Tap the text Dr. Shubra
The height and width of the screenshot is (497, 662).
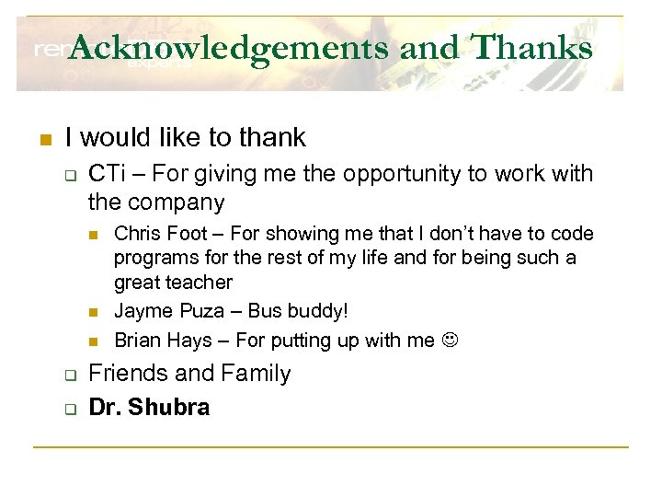click(x=149, y=407)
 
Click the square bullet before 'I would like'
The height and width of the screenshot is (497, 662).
click(x=42, y=140)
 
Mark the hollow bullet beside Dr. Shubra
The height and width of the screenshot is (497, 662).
click(x=68, y=409)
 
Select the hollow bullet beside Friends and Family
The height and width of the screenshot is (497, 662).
click(x=68, y=376)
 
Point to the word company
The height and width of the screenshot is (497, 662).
click(x=179, y=201)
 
